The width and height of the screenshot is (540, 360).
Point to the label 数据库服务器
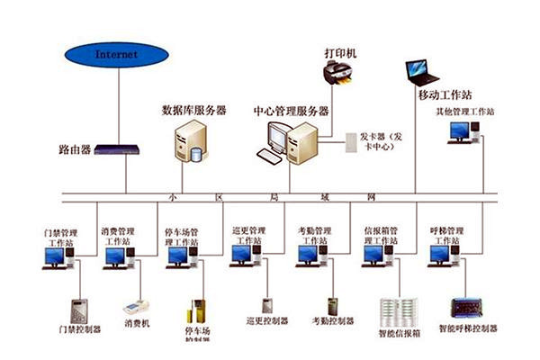pyautogui.click(x=193, y=111)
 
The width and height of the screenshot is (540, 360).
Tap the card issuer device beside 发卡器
pyautogui.click(x=350, y=141)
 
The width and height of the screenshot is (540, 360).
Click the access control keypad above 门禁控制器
pyautogui.click(x=80, y=310)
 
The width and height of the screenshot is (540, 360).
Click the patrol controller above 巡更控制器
pyautogui.click(x=267, y=305)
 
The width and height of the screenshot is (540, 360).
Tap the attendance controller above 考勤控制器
pyautogui.click(x=332, y=306)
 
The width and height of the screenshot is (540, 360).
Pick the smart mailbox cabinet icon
pyautogui.click(x=399, y=310)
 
